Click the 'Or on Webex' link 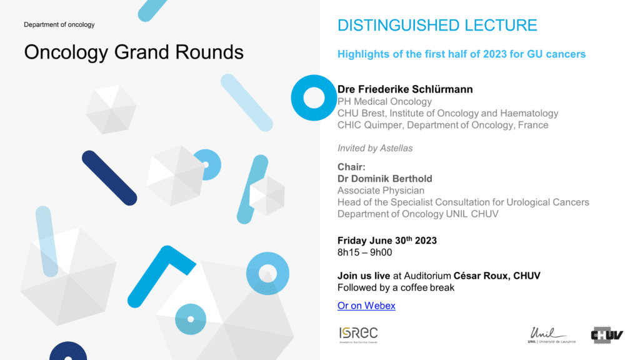click(x=366, y=306)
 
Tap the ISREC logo click(x=358, y=335)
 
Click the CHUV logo click(x=607, y=335)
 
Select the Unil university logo click(x=551, y=335)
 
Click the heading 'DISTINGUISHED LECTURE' click(x=437, y=25)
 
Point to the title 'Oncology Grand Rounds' click(x=134, y=52)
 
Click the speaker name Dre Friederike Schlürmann click(x=405, y=89)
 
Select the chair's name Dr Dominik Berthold click(x=384, y=179)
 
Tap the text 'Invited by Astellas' click(x=375, y=148)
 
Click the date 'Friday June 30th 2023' click(x=387, y=241)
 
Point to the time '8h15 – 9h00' click(x=364, y=252)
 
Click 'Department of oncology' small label click(x=59, y=24)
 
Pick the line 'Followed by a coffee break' click(x=396, y=287)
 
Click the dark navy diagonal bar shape click(x=109, y=178)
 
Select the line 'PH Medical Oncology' click(x=384, y=101)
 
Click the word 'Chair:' click(x=351, y=167)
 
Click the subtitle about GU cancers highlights click(x=461, y=54)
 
